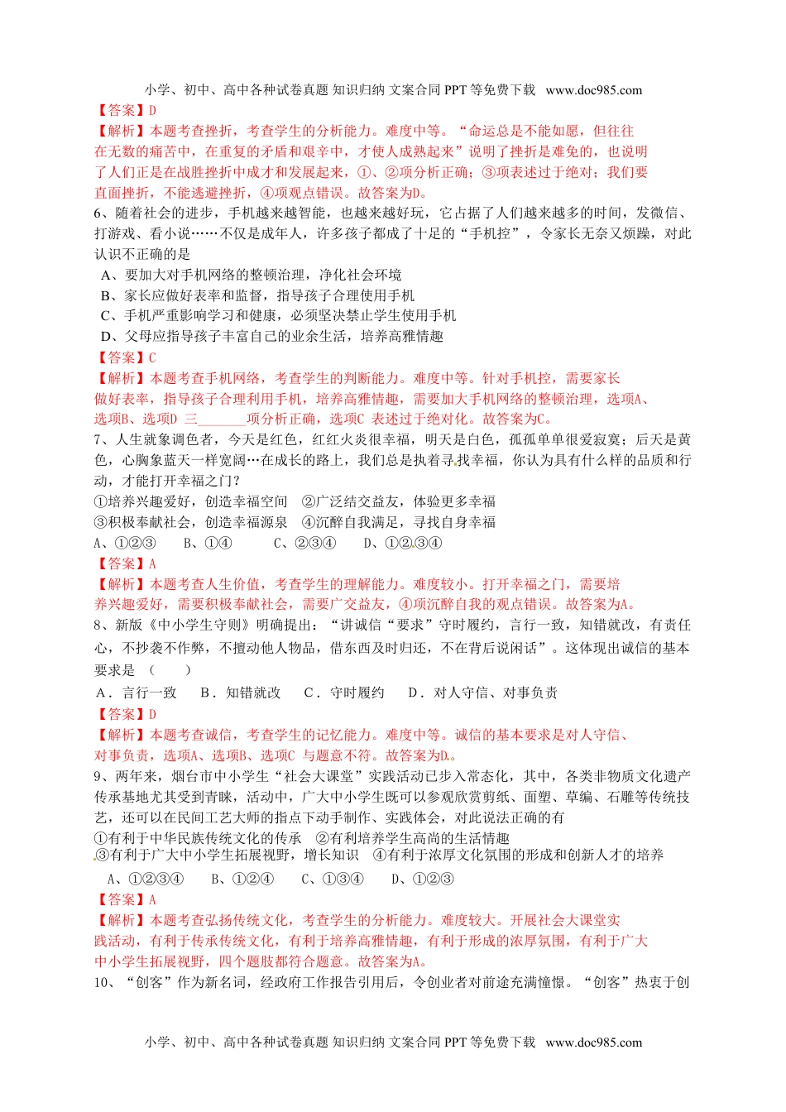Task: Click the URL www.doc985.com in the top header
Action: pos(593,90)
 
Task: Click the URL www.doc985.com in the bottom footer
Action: pos(593,1042)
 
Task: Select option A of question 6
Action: pos(251,275)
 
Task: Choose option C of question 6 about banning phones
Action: pos(278,315)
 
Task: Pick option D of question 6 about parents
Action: pos(271,336)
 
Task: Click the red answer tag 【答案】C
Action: pos(125,357)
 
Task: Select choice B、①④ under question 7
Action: pos(207,543)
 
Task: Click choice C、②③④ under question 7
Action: pos(304,543)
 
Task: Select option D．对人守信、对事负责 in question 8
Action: pos(482,693)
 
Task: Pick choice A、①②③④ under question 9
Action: pos(146,879)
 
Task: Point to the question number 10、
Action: pos(106,982)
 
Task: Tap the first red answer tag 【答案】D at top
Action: pos(125,110)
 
